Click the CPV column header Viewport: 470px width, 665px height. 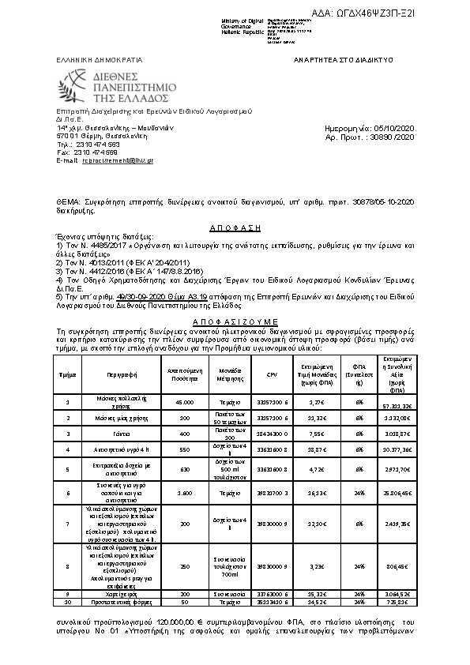pos(272,375)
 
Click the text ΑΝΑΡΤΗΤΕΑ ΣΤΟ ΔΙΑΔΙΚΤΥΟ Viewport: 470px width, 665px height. pos(343,59)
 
